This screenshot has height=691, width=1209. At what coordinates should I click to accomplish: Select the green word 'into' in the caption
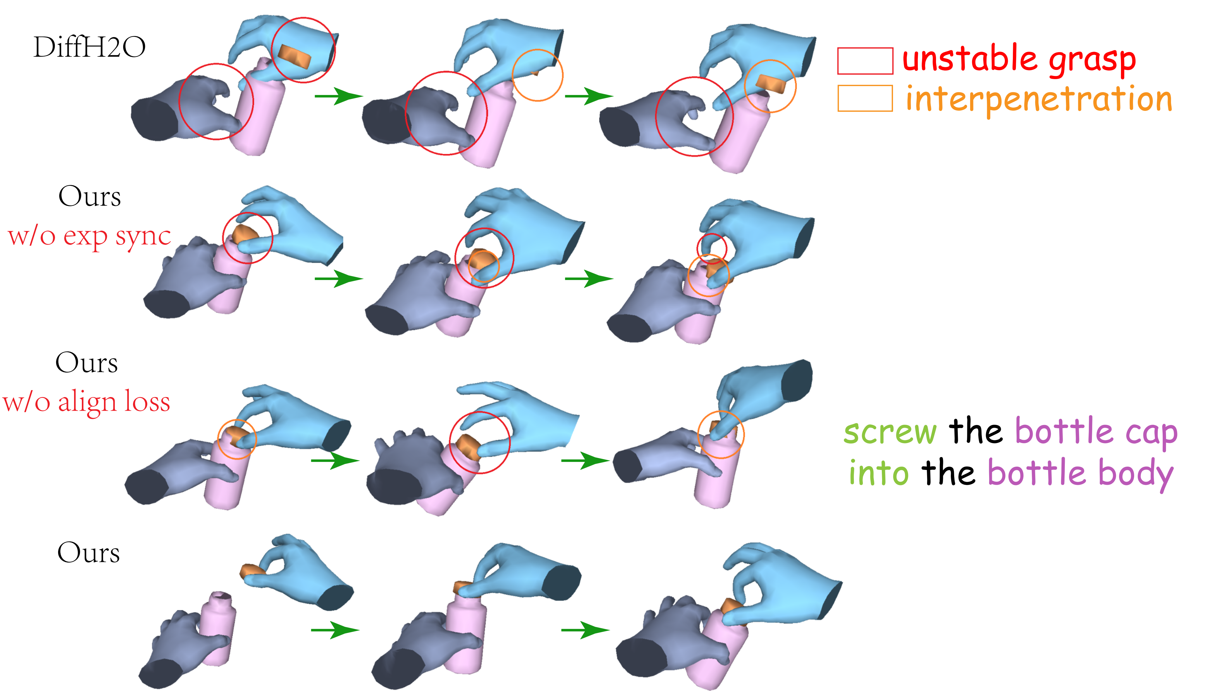879,474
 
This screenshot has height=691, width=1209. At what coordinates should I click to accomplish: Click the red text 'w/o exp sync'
89,236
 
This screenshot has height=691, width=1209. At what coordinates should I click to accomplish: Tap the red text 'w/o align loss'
86,402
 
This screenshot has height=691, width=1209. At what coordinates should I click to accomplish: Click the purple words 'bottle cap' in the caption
1096,432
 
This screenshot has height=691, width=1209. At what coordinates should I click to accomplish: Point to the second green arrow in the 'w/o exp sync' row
588,279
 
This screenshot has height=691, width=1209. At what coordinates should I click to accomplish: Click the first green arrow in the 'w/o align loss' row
334,460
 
